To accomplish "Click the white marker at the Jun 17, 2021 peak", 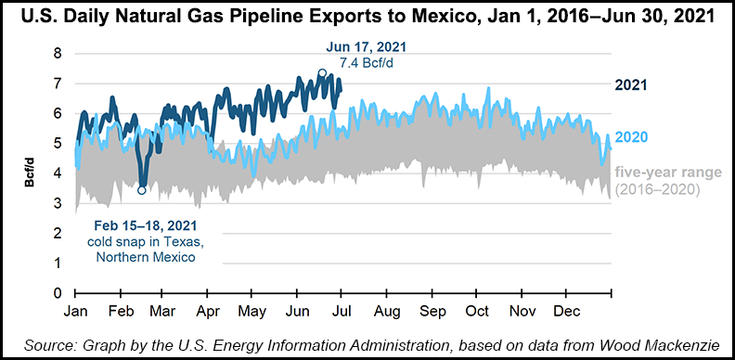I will (322, 73).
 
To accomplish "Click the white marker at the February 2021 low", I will (141, 190).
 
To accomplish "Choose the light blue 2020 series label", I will (630, 137).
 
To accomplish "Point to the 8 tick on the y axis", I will (58, 54).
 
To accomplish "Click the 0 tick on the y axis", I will (58, 294).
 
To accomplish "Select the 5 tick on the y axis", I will (58, 144).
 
